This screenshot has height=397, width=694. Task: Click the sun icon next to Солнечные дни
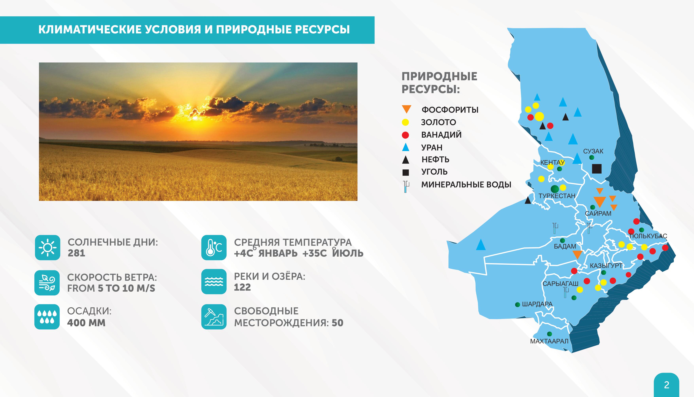click(x=47, y=247)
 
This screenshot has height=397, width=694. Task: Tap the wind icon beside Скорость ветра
click(x=47, y=283)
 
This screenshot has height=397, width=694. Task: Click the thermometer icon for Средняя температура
click(x=214, y=247)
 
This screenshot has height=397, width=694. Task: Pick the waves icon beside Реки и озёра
click(x=214, y=281)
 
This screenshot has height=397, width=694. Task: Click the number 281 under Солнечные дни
click(x=76, y=253)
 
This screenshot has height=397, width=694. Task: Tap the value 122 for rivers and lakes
click(x=242, y=287)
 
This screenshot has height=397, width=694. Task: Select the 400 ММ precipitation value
click(x=86, y=323)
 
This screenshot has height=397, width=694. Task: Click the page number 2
click(x=667, y=385)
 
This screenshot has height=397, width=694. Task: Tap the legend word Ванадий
click(x=441, y=135)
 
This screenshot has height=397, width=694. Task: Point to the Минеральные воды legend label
click(x=466, y=185)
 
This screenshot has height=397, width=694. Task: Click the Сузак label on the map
click(x=593, y=151)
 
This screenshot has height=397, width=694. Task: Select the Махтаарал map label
click(x=549, y=341)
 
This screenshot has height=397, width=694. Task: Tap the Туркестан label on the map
click(x=557, y=196)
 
